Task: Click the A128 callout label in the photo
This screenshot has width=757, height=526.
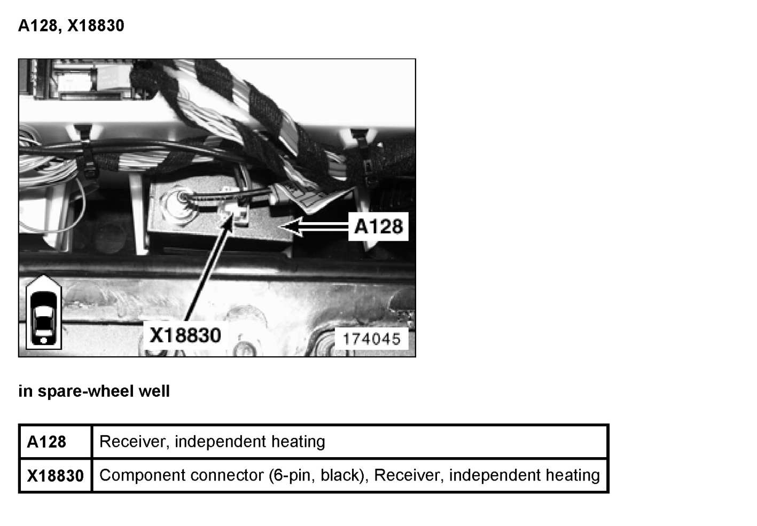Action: pos(378,226)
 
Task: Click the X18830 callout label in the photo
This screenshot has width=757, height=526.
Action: pos(185,335)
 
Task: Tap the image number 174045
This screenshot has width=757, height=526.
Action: pos(371,339)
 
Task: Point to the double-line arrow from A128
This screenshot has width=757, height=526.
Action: pos(318,227)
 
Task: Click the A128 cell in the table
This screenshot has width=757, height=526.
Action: pos(46,442)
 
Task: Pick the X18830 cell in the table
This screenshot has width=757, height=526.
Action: pos(55,475)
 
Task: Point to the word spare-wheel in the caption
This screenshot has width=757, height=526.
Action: pos(86,391)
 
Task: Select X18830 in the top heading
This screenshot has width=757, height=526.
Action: pos(96,26)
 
